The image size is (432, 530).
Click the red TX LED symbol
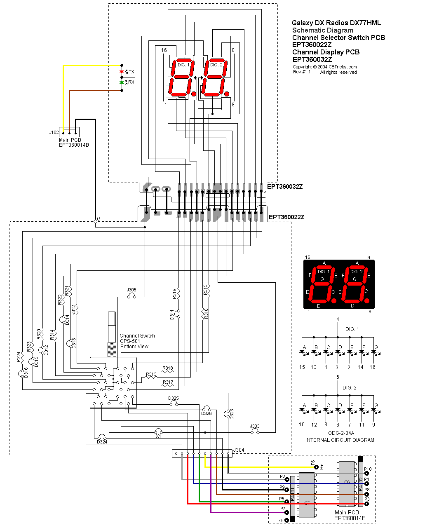122,72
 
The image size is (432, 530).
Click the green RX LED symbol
122,82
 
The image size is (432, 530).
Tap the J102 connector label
54,133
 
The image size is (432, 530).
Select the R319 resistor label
175,293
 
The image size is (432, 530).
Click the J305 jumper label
131,290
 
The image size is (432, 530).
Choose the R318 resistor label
168,368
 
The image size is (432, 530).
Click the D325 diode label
174,399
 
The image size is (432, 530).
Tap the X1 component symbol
158,432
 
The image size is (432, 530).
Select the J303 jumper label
255,427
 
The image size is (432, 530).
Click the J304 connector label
239,450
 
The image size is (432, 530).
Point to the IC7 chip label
306,503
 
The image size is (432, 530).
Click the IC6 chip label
347,482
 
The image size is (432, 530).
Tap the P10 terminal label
368,469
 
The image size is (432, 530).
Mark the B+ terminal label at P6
322,467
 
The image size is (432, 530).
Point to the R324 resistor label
19,357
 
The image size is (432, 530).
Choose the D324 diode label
102,442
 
